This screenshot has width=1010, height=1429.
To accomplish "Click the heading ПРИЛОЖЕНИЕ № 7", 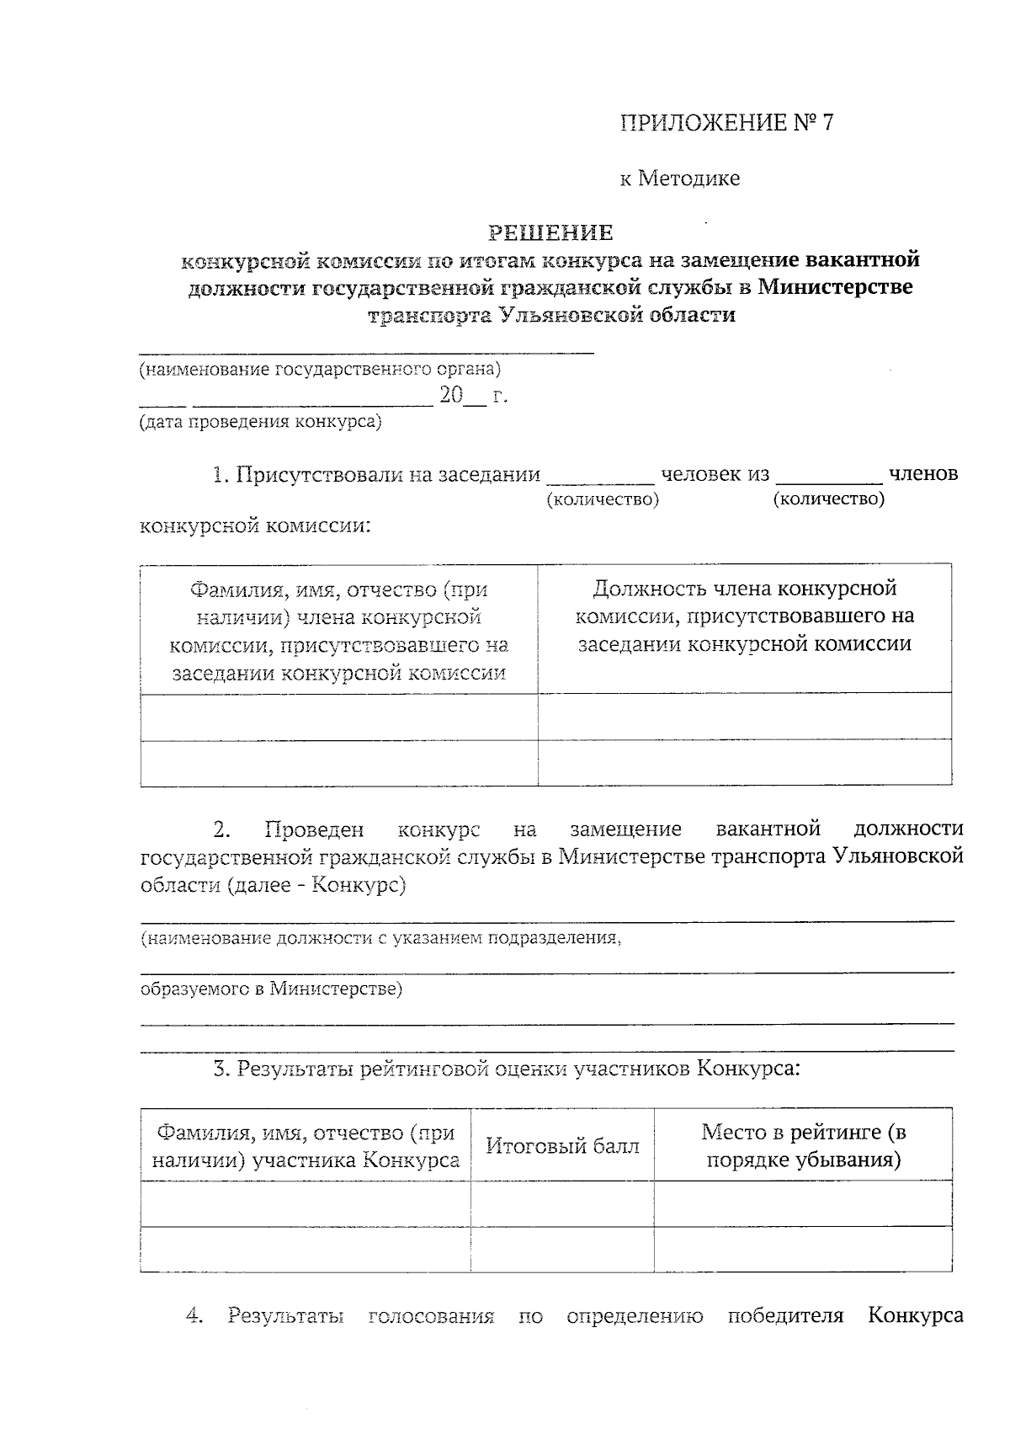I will click(x=726, y=123).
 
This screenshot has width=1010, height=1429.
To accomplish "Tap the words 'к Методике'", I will click(x=680, y=179).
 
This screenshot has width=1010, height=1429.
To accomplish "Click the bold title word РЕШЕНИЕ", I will click(x=551, y=232).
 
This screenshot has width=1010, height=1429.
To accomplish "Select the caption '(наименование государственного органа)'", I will click(x=320, y=369).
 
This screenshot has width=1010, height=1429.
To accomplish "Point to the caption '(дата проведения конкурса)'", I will click(x=260, y=422).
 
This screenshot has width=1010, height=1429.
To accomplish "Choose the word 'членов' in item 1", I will click(x=922, y=474).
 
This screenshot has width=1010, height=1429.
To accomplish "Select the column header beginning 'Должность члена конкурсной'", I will click(x=744, y=616).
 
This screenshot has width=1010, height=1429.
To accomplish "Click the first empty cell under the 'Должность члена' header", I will click(x=744, y=717).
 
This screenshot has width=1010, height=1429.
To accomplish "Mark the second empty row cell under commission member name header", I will click(x=338, y=763).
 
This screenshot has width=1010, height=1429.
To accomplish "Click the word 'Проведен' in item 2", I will click(x=314, y=829).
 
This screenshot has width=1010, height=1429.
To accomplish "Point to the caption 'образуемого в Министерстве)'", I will click(x=271, y=989).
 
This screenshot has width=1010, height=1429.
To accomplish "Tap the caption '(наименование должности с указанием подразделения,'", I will click(x=380, y=938).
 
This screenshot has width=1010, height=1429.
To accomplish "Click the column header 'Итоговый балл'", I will click(x=562, y=1146).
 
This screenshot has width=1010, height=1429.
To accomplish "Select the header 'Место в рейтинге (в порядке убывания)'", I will click(x=803, y=1146).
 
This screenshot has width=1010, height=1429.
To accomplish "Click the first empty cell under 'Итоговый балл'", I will click(x=562, y=1203).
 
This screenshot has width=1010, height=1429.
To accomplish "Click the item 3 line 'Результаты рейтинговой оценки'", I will click(x=505, y=1069).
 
